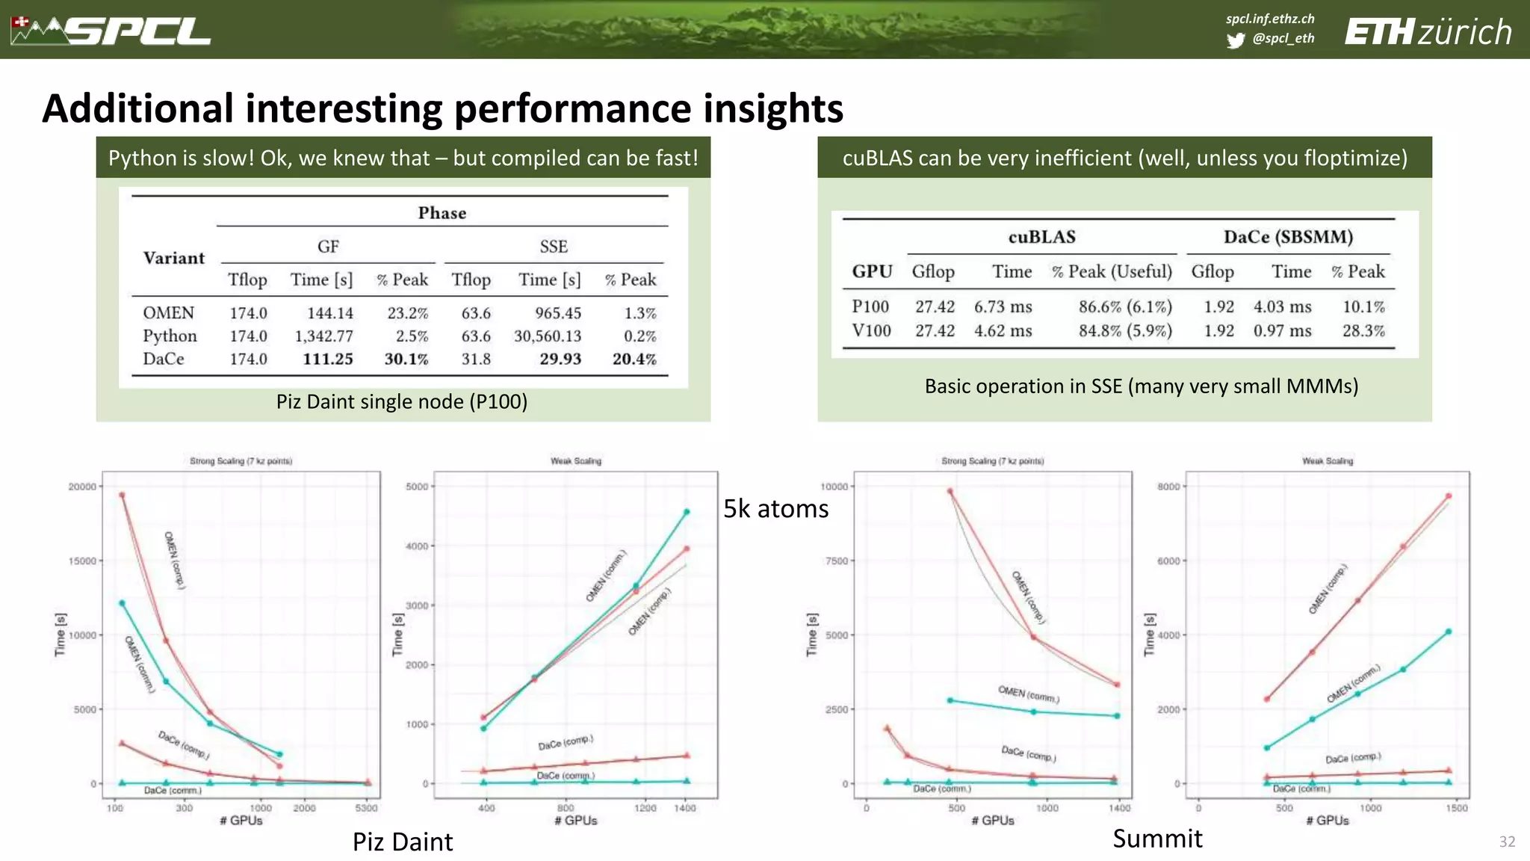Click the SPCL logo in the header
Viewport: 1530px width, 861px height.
point(112,31)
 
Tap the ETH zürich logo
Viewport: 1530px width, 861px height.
point(1428,32)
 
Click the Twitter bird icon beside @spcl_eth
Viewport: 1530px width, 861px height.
point(1236,40)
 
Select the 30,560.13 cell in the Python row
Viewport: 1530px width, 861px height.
point(547,336)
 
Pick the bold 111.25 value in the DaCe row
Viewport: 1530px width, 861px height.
point(327,359)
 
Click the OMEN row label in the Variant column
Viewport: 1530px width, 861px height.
point(168,313)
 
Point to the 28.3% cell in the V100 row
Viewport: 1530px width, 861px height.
point(1363,331)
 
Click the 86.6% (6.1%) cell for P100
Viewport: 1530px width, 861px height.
point(1124,307)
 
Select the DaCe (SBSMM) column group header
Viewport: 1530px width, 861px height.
point(1287,237)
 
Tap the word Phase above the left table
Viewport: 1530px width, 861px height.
point(442,213)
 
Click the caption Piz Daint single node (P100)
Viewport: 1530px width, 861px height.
point(402,402)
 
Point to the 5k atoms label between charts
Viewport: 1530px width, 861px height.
point(775,509)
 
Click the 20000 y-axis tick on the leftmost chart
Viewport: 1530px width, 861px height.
point(82,487)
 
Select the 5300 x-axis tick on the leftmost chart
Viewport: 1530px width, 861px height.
point(366,808)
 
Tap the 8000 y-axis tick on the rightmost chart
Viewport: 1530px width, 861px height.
point(1168,487)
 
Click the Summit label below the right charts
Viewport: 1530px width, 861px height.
point(1157,839)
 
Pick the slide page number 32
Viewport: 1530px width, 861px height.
point(1507,842)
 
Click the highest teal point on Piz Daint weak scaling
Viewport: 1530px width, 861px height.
point(687,512)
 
